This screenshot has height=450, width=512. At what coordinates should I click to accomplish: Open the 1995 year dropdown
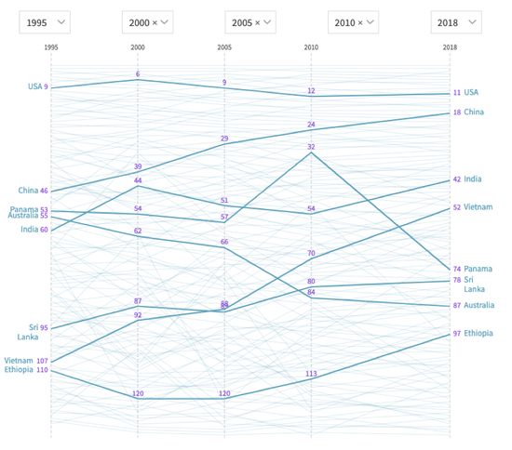coord(44,21)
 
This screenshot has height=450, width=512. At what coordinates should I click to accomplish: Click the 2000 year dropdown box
coord(147,21)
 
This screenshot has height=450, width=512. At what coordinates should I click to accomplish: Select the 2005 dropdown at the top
coord(250,21)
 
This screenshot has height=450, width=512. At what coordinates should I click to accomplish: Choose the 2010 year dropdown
coord(354,21)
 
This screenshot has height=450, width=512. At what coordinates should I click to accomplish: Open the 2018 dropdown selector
coord(456,21)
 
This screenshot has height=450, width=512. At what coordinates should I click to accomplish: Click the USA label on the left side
coord(34,86)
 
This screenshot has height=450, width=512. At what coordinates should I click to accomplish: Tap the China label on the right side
coord(474,112)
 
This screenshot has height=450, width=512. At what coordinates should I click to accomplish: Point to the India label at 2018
coord(473,179)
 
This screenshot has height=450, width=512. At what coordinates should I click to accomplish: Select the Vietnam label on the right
coord(478,207)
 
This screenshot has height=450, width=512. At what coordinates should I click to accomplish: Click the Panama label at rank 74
coord(478,269)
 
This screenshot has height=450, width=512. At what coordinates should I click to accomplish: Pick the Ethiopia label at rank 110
coord(19,370)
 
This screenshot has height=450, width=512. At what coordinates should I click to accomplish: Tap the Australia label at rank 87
coord(480,305)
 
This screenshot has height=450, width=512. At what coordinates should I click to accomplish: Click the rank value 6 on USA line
coord(138,74)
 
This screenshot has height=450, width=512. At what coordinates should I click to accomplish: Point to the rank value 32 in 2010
coord(311,147)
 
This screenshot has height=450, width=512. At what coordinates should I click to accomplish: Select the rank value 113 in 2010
coord(311,374)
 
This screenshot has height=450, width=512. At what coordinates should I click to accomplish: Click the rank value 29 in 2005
coord(224,139)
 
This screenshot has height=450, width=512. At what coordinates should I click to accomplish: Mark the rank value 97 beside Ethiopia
coord(457,333)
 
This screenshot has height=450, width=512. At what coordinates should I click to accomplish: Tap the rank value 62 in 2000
coord(138,231)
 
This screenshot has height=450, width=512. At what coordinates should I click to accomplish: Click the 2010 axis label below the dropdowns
coord(311,46)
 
